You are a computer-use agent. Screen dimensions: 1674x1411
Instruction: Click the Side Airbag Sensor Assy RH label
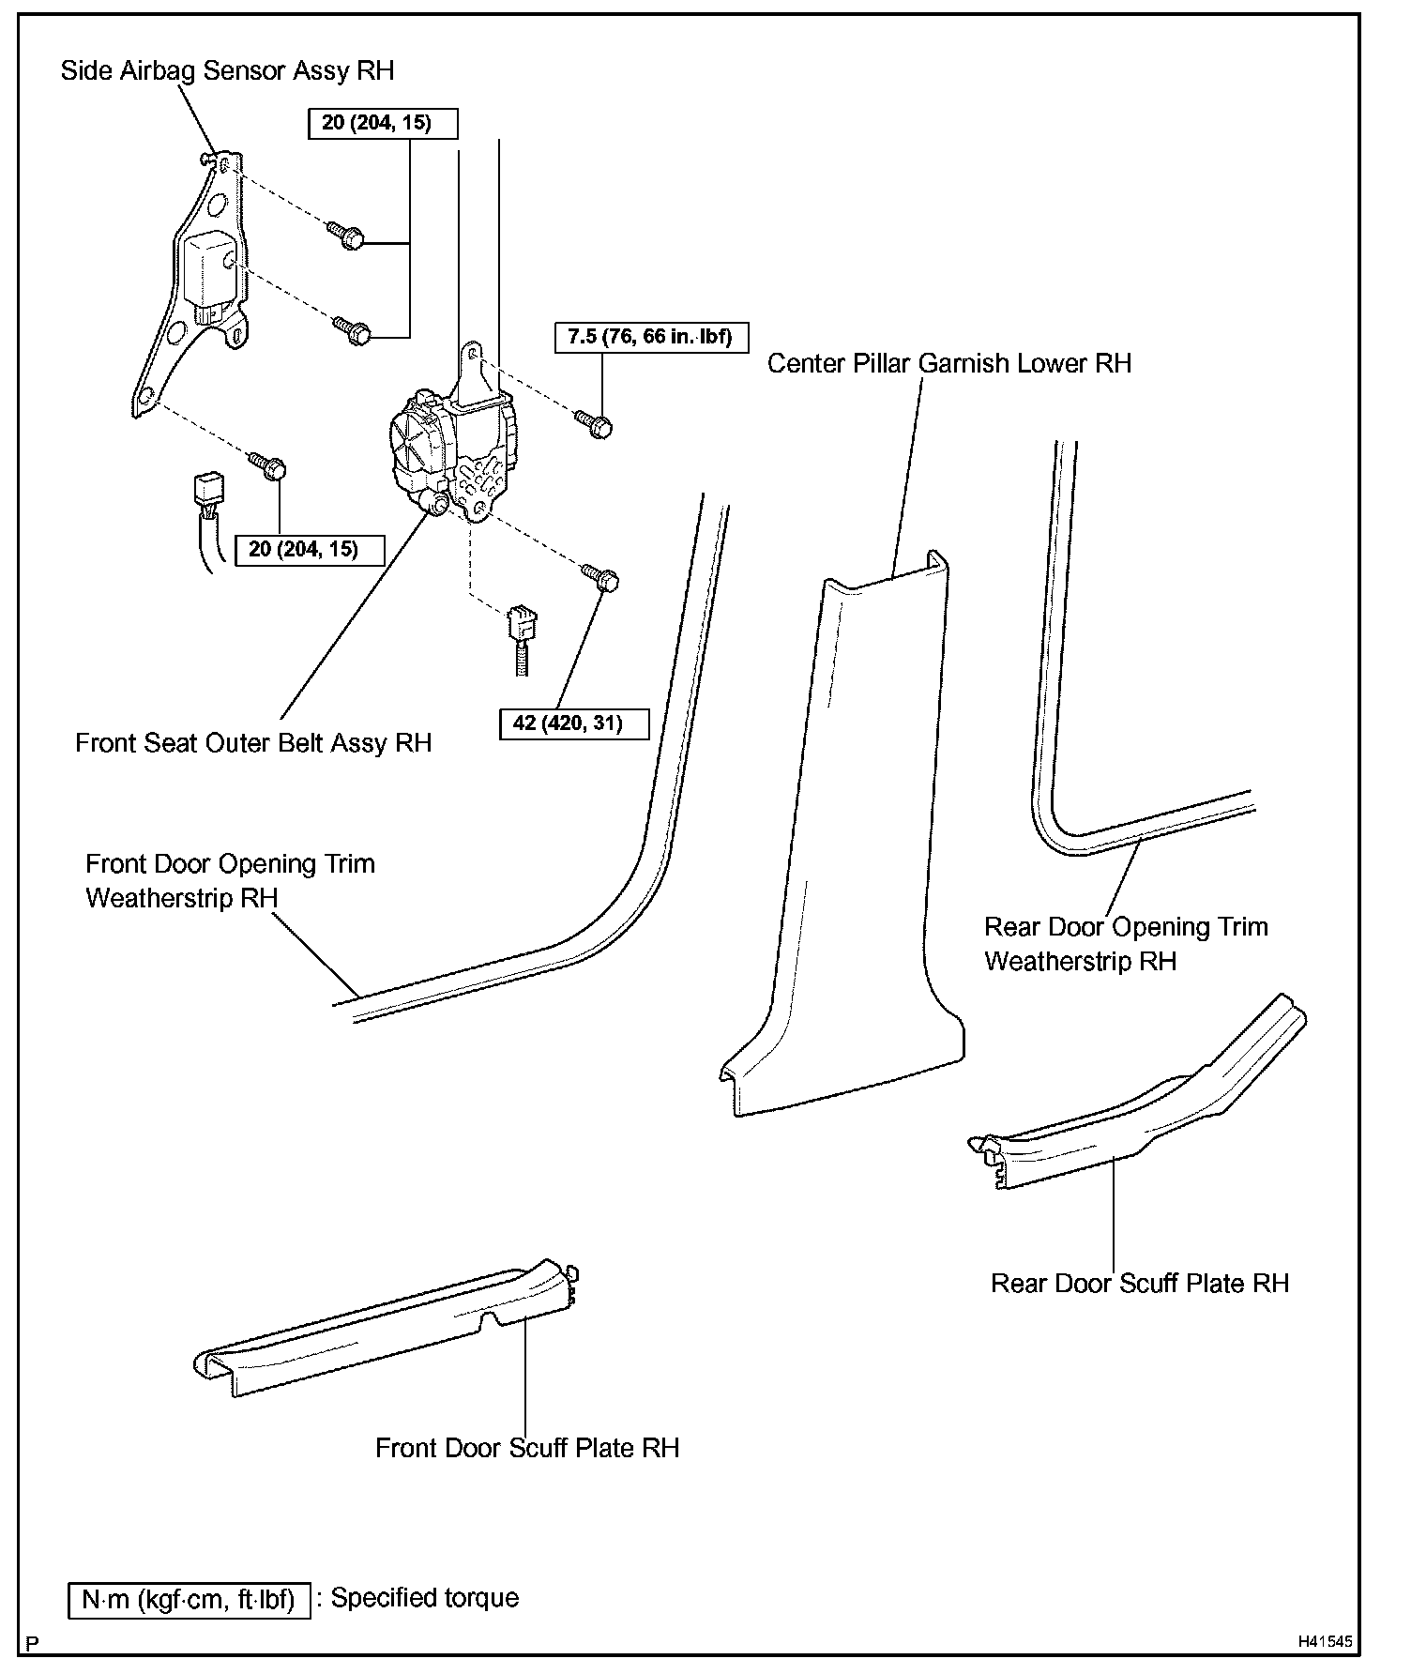click(x=227, y=71)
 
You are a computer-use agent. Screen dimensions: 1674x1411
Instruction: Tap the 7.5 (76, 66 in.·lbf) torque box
click(x=651, y=337)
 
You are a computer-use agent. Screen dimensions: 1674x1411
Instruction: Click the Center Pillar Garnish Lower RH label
click(x=948, y=364)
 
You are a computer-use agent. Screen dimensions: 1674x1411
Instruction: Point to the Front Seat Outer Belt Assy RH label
click(x=253, y=743)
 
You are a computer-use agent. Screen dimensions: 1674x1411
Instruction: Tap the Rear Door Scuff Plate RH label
click(x=1140, y=1283)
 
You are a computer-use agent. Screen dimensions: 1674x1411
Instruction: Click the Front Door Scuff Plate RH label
click(x=526, y=1448)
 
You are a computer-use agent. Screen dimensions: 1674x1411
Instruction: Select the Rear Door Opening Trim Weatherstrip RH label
click(x=1125, y=944)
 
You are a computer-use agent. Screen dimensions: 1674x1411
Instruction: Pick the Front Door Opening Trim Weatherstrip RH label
click(x=230, y=880)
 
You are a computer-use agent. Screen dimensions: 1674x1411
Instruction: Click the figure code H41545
click(x=1326, y=1642)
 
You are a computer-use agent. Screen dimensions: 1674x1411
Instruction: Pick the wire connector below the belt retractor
click(x=519, y=629)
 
